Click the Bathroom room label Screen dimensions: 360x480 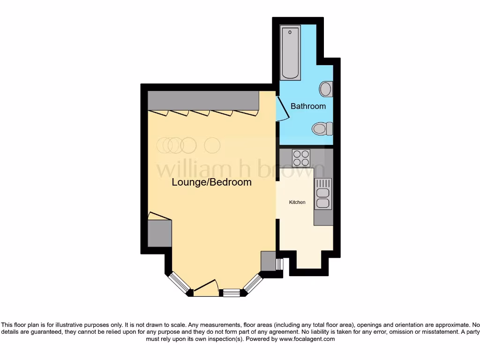tap(308, 106)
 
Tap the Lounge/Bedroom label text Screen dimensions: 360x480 tap(211, 182)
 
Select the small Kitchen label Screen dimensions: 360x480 tap(297, 202)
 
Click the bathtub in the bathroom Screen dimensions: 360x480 tap(291, 52)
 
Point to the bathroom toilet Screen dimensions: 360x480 tap(322, 128)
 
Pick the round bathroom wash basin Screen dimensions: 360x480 tap(326, 88)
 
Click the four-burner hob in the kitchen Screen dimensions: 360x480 tap(301, 158)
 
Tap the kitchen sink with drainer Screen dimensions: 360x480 tap(323, 194)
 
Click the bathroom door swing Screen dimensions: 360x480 tap(281, 109)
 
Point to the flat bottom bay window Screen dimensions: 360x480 tap(231, 293)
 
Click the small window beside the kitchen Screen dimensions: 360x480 tap(279, 264)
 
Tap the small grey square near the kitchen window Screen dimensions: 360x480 tap(268, 261)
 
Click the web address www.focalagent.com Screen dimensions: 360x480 tap(307, 339)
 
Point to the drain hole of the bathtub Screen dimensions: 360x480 tap(291, 32)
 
